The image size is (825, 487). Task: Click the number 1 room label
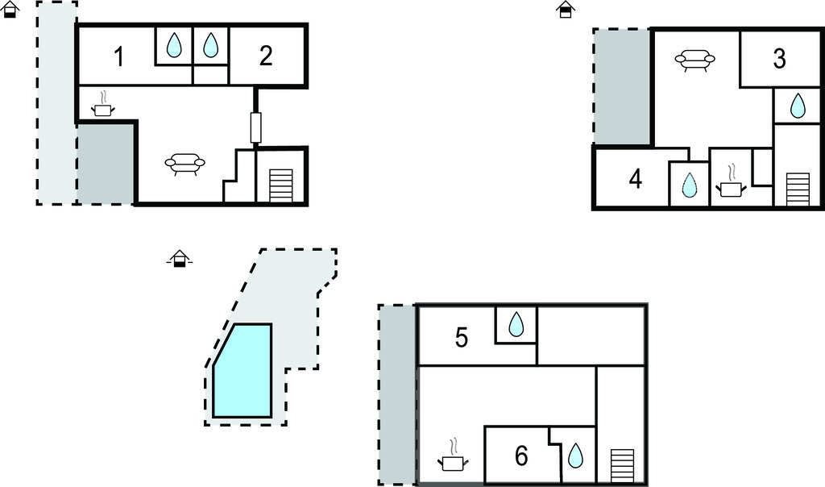point(118,57)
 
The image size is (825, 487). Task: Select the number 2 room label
point(266,56)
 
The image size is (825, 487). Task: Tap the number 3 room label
point(779,59)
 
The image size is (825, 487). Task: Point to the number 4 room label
point(636,180)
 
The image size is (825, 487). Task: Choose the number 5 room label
point(462,337)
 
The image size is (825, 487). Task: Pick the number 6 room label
point(521,456)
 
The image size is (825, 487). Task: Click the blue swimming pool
point(242,371)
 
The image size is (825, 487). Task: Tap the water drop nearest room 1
point(174,46)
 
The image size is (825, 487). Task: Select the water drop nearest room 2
point(210,46)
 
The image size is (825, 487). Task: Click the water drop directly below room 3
point(797,106)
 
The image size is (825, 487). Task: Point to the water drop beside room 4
point(689,185)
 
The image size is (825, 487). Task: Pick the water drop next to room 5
point(516,325)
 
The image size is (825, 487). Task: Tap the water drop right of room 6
point(576,456)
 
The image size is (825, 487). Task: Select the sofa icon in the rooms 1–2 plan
point(184,164)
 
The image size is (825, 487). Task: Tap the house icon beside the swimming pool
point(180,258)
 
